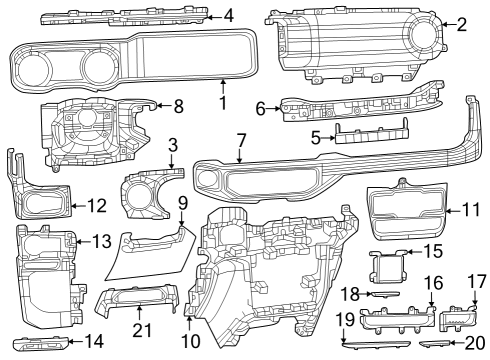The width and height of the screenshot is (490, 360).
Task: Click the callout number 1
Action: click(222, 101)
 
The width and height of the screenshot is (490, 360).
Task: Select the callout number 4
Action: click(229, 15)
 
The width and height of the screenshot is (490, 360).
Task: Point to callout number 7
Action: click(241, 142)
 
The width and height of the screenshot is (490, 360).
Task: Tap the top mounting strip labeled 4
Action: click(130, 17)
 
